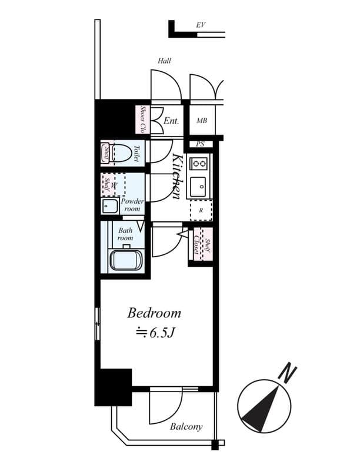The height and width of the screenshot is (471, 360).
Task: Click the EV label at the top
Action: click(200, 25)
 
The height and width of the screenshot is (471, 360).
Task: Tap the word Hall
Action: click(164, 61)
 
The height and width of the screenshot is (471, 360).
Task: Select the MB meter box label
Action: click(202, 121)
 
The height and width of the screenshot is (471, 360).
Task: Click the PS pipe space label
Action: click(201, 144)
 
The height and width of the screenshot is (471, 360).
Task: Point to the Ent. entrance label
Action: click(171, 121)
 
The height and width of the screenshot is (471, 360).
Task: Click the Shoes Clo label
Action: click(143, 120)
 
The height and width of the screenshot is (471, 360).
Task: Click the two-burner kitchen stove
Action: click(199, 163)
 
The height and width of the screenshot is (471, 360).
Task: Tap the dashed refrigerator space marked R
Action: click(201, 210)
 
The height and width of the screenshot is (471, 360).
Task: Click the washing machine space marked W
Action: click(115, 185)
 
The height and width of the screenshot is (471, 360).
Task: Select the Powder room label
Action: click(132, 205)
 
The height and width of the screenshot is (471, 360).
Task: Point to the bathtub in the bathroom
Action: click(126, 260)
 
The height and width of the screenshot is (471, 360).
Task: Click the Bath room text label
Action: click(125, 234)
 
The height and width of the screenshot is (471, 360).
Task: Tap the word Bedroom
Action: click(154, 313)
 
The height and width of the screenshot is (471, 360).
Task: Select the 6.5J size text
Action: click(156, 333)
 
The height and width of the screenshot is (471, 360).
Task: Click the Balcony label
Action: click(186, 427)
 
